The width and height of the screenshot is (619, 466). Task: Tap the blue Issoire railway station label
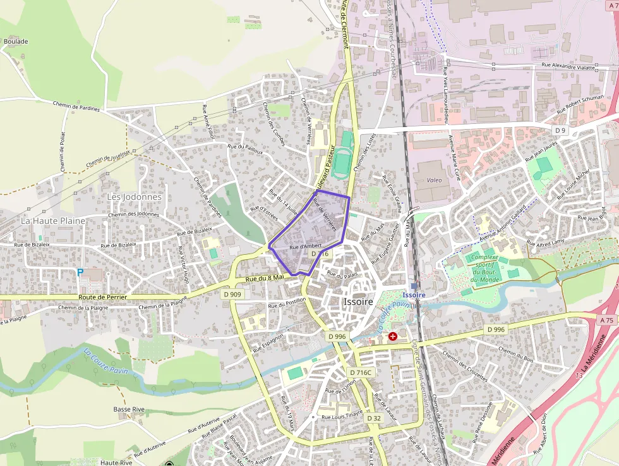click(414, 295)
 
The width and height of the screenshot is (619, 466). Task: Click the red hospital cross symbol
click(393, 336)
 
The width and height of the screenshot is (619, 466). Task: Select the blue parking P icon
click(80, 272)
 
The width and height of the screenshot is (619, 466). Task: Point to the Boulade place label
click(16, 42)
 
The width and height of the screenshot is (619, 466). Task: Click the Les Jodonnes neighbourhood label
click(134, 197)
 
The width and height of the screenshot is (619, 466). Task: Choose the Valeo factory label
click(434, 180)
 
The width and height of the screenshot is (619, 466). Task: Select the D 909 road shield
click(232, 294)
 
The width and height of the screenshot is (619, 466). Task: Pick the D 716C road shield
click(361, 372)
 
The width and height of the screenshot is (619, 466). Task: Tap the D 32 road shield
click(373, 418)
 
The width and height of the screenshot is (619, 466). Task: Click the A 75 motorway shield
click(607, 321)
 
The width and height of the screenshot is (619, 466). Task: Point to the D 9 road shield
click(559, 130)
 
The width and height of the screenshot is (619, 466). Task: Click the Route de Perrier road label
click(103, 297)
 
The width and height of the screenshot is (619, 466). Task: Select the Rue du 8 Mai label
click(265, 278)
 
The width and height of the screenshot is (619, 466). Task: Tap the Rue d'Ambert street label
click(306, 246)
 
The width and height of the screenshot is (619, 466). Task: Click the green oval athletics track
click(343, 155)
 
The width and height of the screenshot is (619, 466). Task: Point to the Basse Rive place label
click(129, 409)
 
